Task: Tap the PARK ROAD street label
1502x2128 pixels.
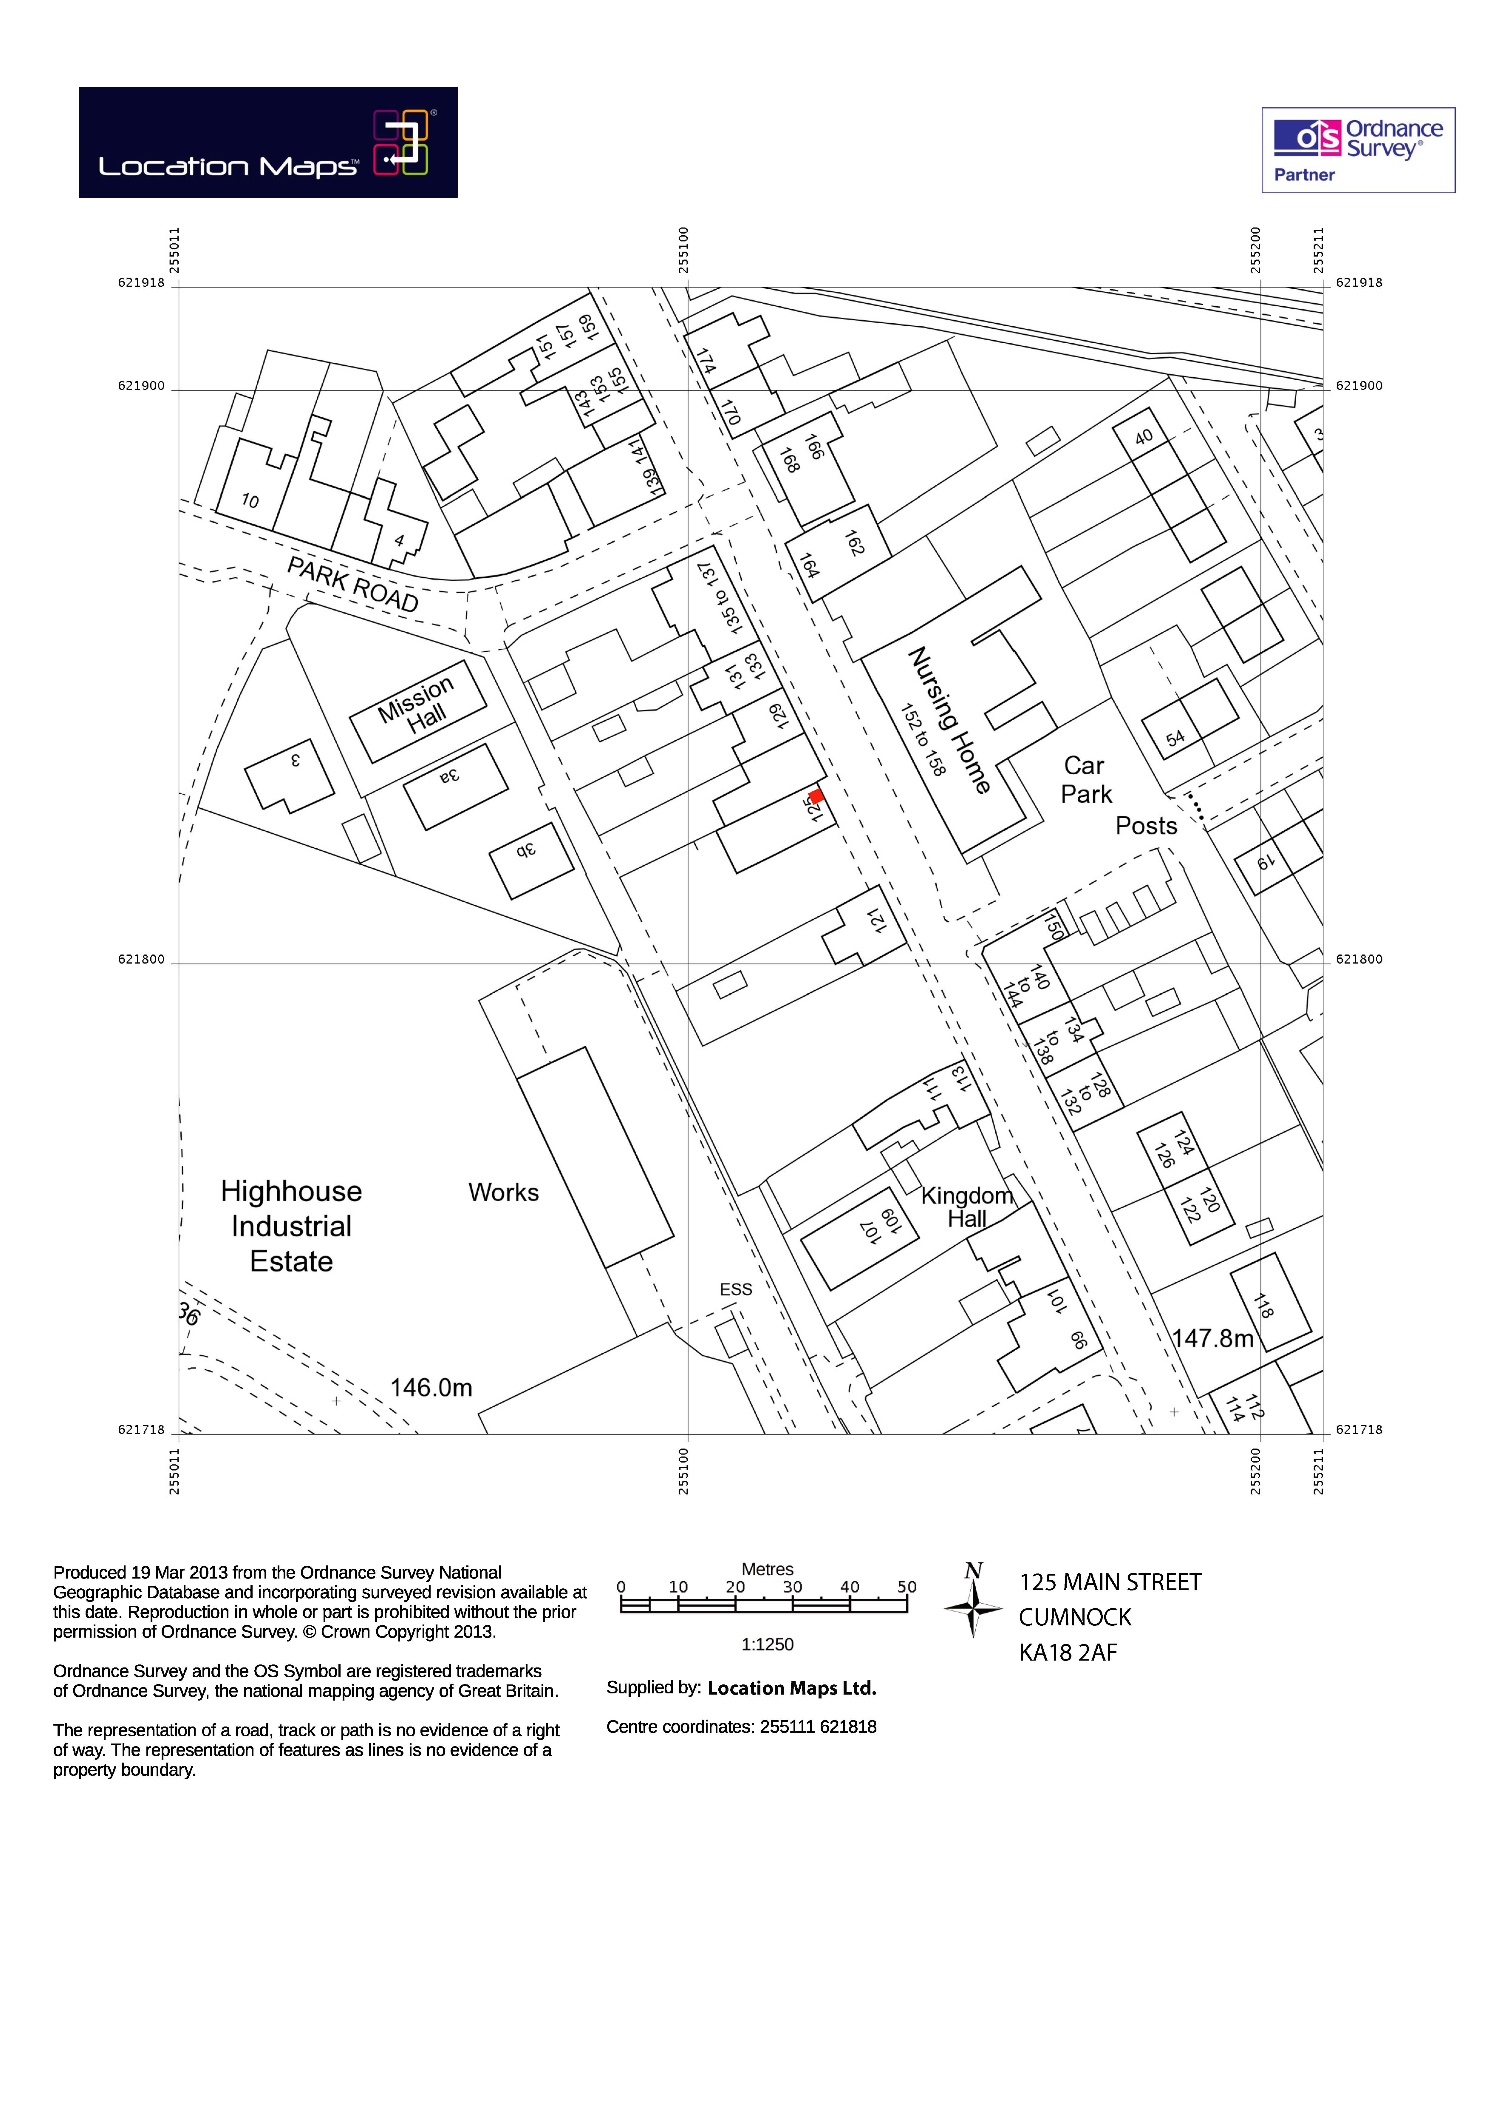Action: coord(352,584)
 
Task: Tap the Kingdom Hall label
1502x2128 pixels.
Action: coord(966,1207)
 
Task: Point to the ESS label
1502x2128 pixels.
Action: coord(736,1289)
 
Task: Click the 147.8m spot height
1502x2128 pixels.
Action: coord(1212,1338)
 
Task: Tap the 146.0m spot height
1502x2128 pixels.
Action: coord(431,1387)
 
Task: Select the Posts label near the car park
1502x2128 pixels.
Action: coord(1146,826)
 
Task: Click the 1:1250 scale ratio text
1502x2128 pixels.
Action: coord(767,1644)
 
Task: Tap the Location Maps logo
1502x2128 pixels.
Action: coord(268,142)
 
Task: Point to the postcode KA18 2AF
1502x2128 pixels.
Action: coord(1068,1653)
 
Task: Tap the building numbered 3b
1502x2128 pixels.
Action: coord(526,850)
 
